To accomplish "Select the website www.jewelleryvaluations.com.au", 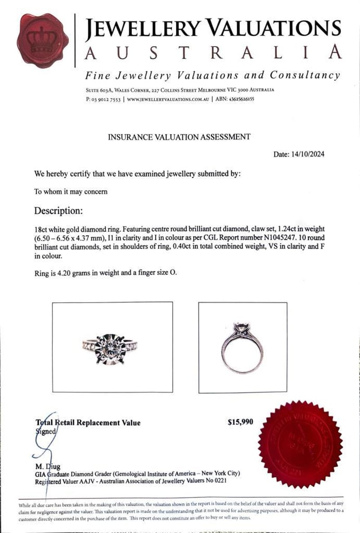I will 168,99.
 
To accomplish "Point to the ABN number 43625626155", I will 242,99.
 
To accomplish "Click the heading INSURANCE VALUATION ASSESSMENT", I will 179,137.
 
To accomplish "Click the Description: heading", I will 58,211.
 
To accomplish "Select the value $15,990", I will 241,422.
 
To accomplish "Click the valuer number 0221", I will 219,481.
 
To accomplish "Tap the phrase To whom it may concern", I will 71,192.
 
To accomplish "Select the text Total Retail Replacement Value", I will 88,423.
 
